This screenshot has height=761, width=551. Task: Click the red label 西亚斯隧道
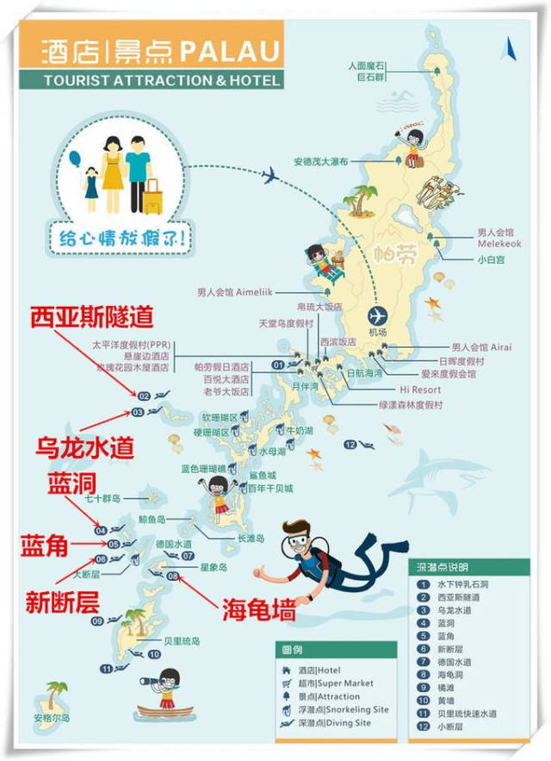click(91, 317)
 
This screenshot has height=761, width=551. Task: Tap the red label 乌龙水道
click(84, 447)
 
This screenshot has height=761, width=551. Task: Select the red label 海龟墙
click(259, 611)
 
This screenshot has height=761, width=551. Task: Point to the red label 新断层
click(62, 602)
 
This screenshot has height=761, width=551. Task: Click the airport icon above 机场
click(377, 315)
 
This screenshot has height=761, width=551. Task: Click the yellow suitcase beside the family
click(152, 197)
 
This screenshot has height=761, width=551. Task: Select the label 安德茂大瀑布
click(320, 161)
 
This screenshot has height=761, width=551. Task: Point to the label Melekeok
click(494, 244)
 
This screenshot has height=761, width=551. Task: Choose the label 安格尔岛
click(52, 717)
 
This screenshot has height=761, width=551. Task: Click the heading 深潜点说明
click(441, 568)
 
